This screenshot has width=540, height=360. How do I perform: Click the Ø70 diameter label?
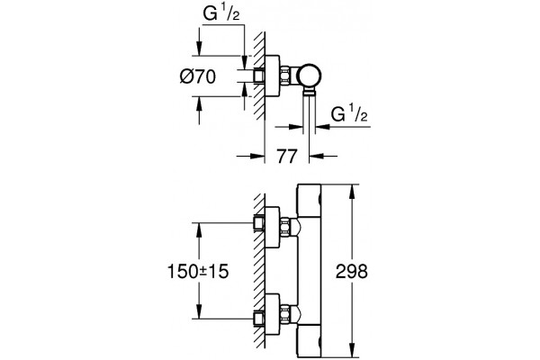[x=198, y=76]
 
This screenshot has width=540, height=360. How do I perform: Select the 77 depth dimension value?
[x=287, y=157]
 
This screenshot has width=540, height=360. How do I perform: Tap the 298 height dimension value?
[x=352, y=271]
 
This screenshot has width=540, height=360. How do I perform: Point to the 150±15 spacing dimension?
[x=198, y=271]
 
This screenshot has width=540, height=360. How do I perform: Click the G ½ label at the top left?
[x=221, y=14]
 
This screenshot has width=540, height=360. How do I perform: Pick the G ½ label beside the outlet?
[x=349, y=114]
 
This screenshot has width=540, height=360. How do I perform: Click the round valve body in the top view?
[x=310, y=76]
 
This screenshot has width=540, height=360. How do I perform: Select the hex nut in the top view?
[x=285, y=76]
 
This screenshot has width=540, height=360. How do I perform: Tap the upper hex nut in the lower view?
[x=285, y=227]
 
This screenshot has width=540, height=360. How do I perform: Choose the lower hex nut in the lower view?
[x=285, y=314]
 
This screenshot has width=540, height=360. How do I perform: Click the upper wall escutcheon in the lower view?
[x=273, y=228]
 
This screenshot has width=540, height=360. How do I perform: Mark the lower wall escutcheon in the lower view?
[x=273, y=314]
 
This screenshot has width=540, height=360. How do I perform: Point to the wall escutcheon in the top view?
[x=273, y=76]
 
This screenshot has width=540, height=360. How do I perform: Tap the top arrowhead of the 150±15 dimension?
[x=198, y=229]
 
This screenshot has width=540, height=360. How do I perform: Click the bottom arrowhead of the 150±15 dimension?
[x=198, y=311]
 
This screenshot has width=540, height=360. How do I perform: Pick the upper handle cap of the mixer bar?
[x=310, y=201]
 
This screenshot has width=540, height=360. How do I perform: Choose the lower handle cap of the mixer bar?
[x=310, y=340]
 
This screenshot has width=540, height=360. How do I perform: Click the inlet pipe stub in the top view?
[x=259, y=76]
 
